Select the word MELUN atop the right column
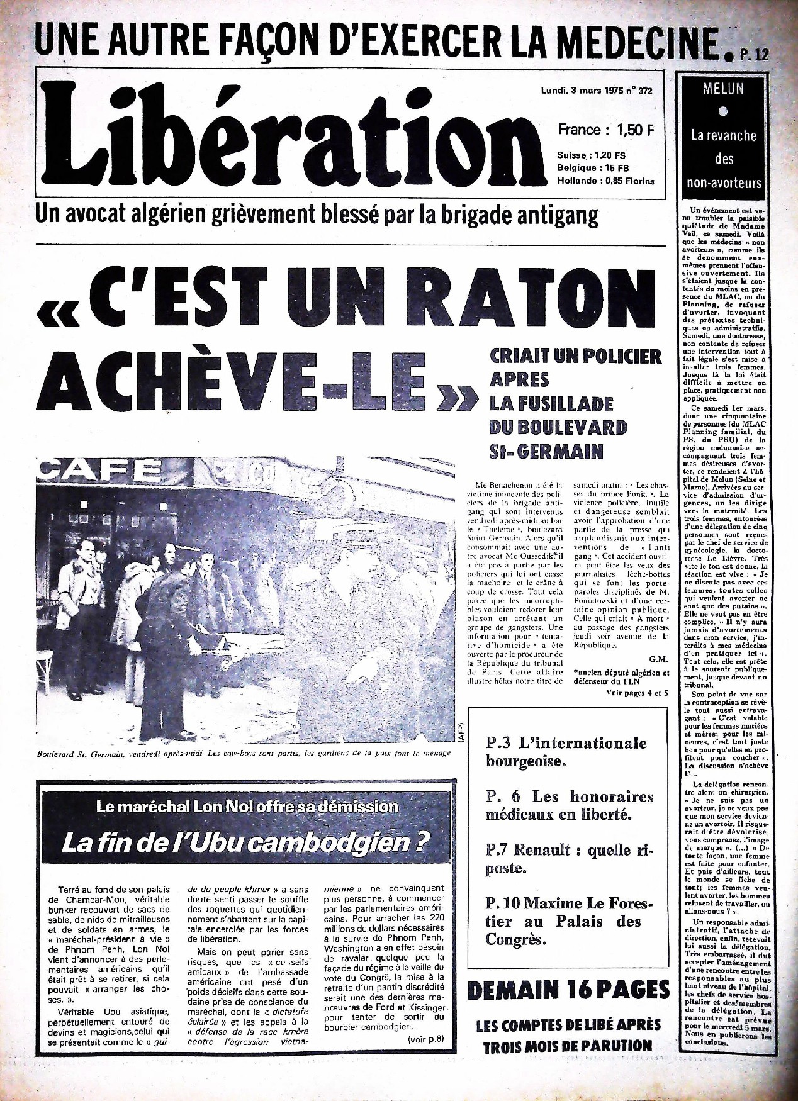pyautogui.click(x=723, y=89)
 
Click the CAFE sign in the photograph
pyautogui.click(x=101, y=471)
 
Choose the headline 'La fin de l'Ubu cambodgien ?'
pyautogui.click(x=245, y=842)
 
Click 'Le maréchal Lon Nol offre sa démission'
pyautogui.click(x=247, y=807)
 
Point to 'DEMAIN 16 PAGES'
pyautogui.click(x=568, y=991)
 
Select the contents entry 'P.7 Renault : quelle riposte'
pyautogui.click(x=569, y=859)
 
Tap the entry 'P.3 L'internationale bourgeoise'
pyautogui.click(x=566, y=752)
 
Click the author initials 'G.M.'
pyautogui.click(x=658, y=659)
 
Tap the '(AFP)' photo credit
pyautogui.click(x=461, y=733)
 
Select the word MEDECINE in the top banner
pyautogui.click(x=636, y=42)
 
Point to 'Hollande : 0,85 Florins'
pyautogui.click(x=605, y=181)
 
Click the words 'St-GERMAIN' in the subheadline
pyautogui.click(x=546, y=451)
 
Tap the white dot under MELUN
pyautogui.click(x=723, y=113)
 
